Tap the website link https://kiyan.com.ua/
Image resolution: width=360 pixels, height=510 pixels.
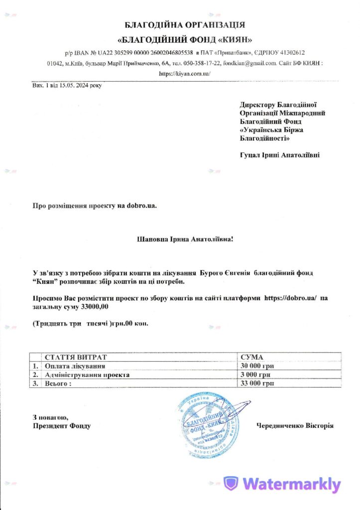tap(185, 73)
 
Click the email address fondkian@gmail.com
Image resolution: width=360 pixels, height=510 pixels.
tap(249, 63)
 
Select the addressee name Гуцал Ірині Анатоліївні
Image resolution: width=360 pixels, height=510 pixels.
tap(279, 155)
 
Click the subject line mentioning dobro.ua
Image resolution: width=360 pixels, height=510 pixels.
tap(95, 205)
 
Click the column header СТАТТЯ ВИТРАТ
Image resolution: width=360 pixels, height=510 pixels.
tap(75, 357)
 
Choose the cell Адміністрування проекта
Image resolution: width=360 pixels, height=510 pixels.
tap(87, 375)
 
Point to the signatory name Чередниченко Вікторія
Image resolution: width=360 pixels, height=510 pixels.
tap(295, 426)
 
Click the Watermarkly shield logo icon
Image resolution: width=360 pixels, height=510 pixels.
tap(232, 484)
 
